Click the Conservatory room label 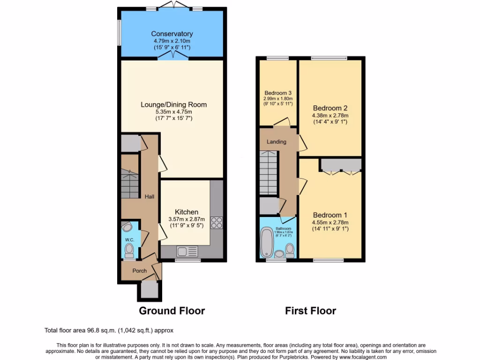coord(172,34)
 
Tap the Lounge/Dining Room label coord(173,105)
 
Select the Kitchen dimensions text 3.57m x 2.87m coord(187,219)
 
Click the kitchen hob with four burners coord(217,222)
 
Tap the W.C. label coord(129,240)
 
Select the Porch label coord(139,270)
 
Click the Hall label coord(150,197)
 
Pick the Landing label coord(276,142)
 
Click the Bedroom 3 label coord(277,92)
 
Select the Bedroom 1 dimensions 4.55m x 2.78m coord(330,223)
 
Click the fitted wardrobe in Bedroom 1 coord(341,165)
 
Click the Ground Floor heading coord(172,310)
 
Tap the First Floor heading coord(310,310)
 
